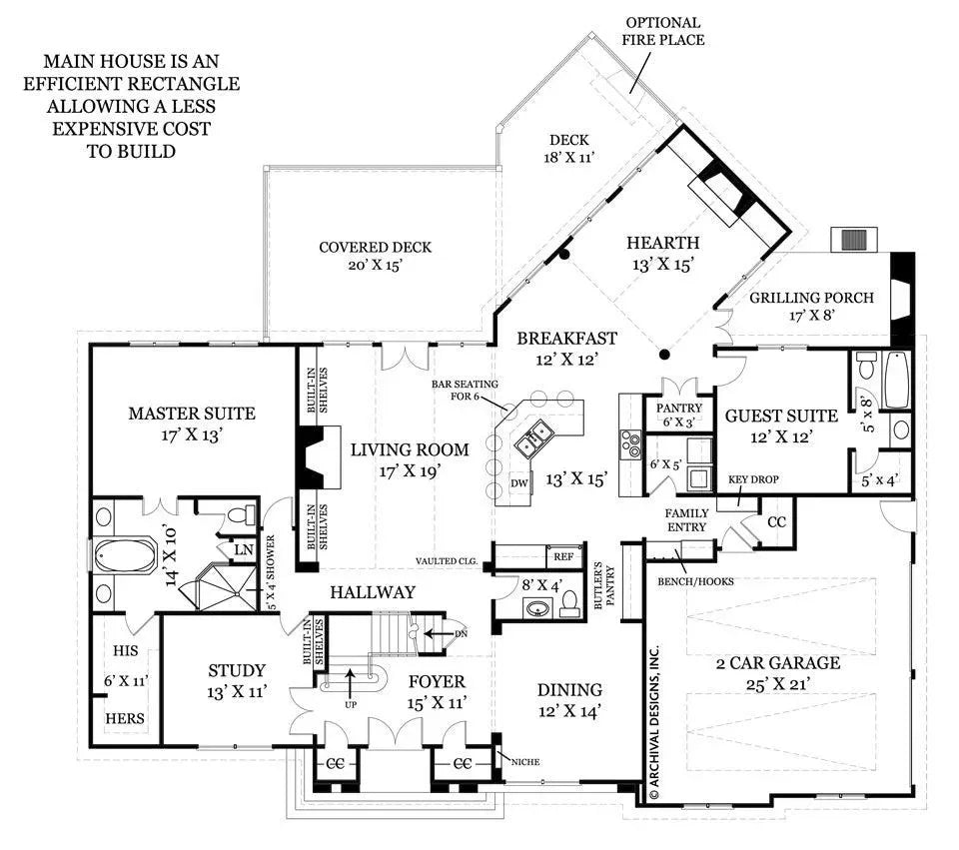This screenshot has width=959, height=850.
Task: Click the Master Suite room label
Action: click(191, 413)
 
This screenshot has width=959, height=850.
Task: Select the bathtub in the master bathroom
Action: click(125, 557)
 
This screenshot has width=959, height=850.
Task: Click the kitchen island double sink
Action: click(533, 435)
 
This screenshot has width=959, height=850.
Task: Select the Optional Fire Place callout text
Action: click(663, 31)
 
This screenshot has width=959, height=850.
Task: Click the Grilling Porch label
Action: click(812, 297)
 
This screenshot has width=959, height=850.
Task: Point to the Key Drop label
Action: click(753, 479)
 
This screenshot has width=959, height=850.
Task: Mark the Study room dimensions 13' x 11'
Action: click(237, 690)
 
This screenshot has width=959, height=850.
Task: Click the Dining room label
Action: click(569, 689)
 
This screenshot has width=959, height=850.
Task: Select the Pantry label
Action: click(680, 408)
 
